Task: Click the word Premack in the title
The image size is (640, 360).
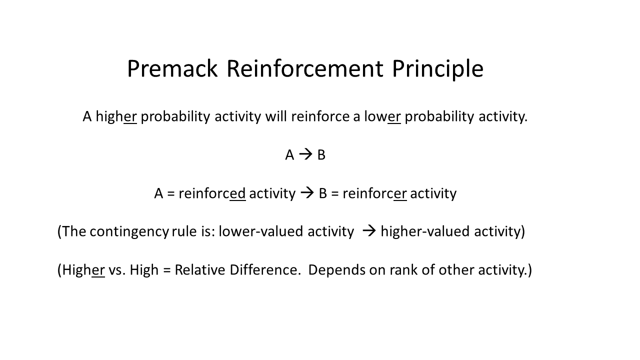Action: pos(172,68)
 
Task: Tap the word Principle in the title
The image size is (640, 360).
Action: pos(437,69)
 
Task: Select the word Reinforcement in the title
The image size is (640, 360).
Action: pos(305,68)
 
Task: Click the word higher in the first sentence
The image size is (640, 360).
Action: pos(116,117)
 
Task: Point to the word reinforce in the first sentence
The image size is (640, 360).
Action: pos(320,116)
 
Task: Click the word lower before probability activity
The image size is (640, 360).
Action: pos(382,116)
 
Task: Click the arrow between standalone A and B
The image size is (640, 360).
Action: pos(305,154)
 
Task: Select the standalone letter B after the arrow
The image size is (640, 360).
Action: pos(321,155)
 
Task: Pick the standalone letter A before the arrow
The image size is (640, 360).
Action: pos(289,155)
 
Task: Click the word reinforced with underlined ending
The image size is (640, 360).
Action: pos(212,193)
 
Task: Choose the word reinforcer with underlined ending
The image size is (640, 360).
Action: pos(374,193)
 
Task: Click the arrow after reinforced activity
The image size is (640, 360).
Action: pos(307,193)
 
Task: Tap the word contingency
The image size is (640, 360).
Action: pos(129,231)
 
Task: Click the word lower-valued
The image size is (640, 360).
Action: pos(261,231)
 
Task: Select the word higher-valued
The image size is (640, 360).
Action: pos(425,231)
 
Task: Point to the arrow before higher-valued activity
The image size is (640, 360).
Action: pos(369,231)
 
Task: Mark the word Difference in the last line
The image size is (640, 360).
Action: pos(264,270)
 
